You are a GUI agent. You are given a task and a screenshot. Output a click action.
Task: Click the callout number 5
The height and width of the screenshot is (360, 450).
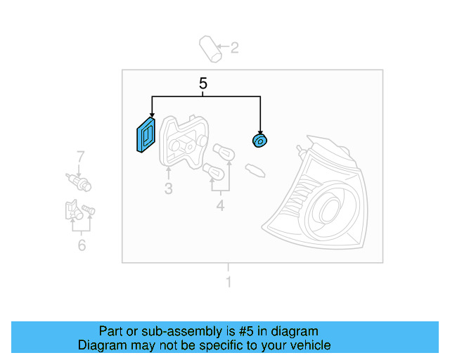pos(203,84)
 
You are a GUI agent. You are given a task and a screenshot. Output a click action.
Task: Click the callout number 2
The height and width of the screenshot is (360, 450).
pos(235,48)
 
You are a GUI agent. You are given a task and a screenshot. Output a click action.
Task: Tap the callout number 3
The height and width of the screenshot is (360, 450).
pos(169,188)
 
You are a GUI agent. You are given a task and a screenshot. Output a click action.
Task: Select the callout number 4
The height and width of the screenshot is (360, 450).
pos(220,205)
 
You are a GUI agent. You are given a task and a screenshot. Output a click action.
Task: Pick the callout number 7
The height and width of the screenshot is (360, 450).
pos(80,156)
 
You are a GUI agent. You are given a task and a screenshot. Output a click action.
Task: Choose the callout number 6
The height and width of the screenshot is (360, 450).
pos(82,245)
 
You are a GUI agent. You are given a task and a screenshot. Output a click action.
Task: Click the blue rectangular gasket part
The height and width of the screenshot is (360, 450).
pos(146,134)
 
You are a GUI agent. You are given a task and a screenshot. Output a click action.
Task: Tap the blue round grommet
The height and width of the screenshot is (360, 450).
pos(259,141)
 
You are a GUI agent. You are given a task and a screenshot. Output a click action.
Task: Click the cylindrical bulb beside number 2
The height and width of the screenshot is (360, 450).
pos(210,48)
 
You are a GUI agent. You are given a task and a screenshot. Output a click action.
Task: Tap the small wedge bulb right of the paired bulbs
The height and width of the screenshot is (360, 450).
pos(254,169)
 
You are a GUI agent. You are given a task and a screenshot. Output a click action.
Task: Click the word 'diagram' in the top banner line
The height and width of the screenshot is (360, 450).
pos(296,331)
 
